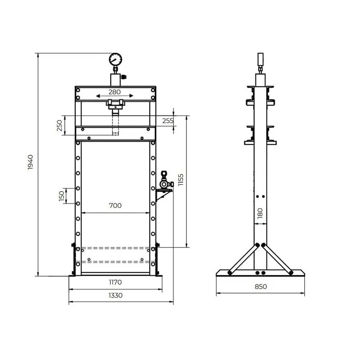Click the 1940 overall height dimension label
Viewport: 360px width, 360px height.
(x=30, y=162)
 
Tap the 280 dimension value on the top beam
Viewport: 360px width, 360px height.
(x=115, y=92)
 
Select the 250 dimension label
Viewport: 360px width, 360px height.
(x=59, y=126)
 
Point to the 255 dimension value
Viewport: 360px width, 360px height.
(x=168, y=121)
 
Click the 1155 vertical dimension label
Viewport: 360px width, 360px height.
(x=181, y=180)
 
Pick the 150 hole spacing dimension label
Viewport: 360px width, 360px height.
(x=62, y=196)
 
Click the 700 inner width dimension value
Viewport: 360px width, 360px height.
(x=115, y=206)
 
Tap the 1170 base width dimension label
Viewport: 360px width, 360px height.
(x=115, y=282)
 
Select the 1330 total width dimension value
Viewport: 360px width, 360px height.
(x=115, y=295)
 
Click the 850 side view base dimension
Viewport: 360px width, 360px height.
(x=261, y=287)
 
